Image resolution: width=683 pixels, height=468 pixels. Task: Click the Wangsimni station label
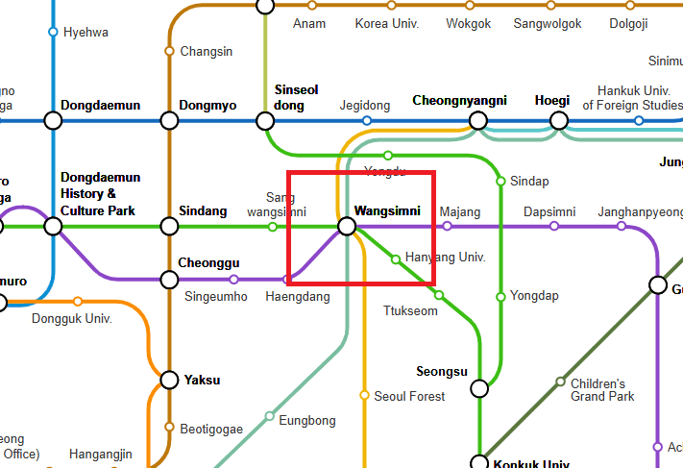(387, 211)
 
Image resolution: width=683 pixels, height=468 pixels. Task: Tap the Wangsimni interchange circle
(348, 227)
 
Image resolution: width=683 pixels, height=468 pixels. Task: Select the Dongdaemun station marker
(53, 121)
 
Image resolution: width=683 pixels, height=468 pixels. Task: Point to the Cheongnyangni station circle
(477, 121)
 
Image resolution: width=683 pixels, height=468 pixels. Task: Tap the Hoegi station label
(552, 100)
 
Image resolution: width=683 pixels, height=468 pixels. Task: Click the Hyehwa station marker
(53, 32)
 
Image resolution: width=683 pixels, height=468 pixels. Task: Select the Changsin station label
(207, 51)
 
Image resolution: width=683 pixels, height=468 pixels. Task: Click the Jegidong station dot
(366, 121)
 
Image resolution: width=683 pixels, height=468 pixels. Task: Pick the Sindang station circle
(169, 227)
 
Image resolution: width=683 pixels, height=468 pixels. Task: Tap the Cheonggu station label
(208, 262)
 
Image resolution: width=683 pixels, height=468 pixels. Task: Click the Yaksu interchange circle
(169, 380)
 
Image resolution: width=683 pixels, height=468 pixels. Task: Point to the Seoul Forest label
(409, 396)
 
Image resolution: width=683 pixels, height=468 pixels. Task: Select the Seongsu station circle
(479, 388)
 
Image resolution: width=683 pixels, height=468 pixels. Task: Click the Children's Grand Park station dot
(561, 382)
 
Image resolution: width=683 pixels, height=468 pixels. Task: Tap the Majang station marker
(447, 227)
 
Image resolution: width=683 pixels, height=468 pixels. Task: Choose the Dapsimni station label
(549, 211)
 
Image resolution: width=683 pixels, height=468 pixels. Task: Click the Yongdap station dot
(500, 297)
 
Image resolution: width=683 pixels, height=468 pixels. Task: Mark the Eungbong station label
(307, 420)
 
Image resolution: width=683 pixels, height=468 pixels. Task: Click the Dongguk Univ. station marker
(78, 302)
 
